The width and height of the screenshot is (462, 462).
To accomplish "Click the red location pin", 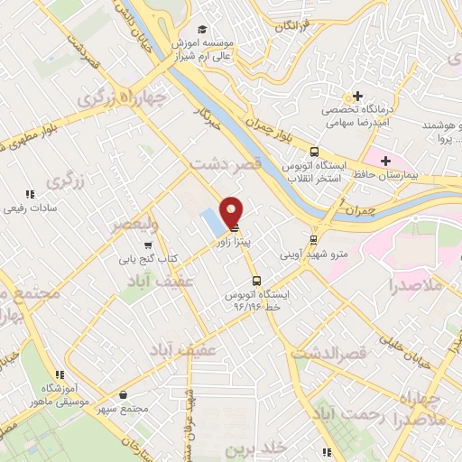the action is tap(231, 211).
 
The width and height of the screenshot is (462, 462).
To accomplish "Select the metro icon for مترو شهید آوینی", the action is tap(313, 240).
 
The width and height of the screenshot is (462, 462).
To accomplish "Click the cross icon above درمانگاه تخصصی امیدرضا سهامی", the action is tap(358, 97).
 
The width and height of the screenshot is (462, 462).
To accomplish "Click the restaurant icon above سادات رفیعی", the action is tap(30, 193).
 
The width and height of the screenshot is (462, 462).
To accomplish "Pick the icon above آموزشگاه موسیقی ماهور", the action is tap(60, 374).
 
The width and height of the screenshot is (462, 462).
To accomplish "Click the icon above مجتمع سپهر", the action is tap(125, 394).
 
